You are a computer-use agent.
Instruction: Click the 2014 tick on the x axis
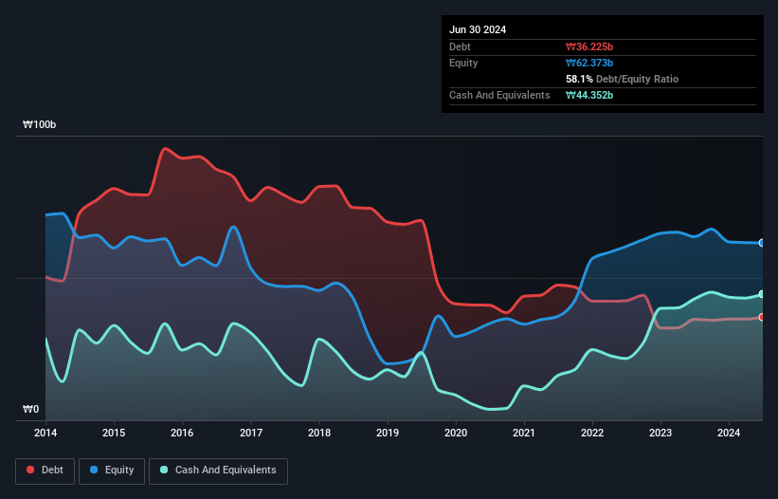pyautogui.click(x=45, y=434)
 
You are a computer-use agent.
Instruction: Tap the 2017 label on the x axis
pyautogui.click(x=251, y=434)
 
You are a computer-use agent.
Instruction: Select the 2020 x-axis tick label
pyautogui.click(x=456, y=434)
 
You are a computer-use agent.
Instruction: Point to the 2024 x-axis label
pyautogui.click(x=729, y=434)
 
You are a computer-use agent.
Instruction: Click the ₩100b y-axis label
pyautogui.click(x=40, y=125)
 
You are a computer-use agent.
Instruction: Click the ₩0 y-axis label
pyautogui.click(x=31, y=410)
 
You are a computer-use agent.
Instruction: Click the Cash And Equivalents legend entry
pyautogui.click(x=218, y=471)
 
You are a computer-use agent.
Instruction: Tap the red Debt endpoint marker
pyautogui.click(x=762, y=317)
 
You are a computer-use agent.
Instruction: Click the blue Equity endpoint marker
pyautogui.click(x=762, y=243)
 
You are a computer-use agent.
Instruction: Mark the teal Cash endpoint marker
pyautogui.click(x=762, y=294)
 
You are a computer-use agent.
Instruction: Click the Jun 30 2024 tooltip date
pyautogui.click(x=478, y=29)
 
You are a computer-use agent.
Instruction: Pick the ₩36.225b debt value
pyautogui.click(x=589, y=46)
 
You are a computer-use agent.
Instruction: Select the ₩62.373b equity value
pyautogui.click(x=589, y=63)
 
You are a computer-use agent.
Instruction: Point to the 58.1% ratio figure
pyautogui.click(x=580, y=79)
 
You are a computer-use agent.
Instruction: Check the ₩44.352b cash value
pyautogui.click(x=589, y=95)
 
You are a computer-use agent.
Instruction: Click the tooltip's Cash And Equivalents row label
pyautogui.click(x=499, y=95)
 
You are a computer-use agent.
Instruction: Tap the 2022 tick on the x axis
pyautogui.click(x=592, y=434)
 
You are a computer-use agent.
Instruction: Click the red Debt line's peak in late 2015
pyautogui.click(x=166, y=148)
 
